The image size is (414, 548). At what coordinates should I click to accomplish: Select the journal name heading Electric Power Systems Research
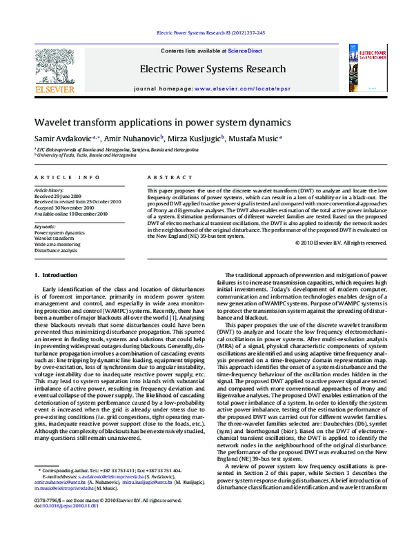(x=212, y=69)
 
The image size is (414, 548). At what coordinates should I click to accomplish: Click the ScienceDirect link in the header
(x=248, y=51)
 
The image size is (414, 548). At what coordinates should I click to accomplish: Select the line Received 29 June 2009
(x=59, y=196)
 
